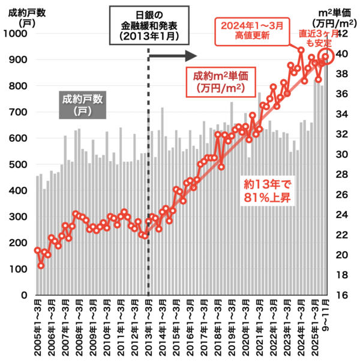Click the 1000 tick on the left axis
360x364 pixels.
[x=18, y=34]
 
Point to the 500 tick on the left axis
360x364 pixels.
[x=20, y=165]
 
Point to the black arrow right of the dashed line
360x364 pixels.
[x=173, y=56]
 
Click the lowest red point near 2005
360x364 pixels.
[x=41, y=265]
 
